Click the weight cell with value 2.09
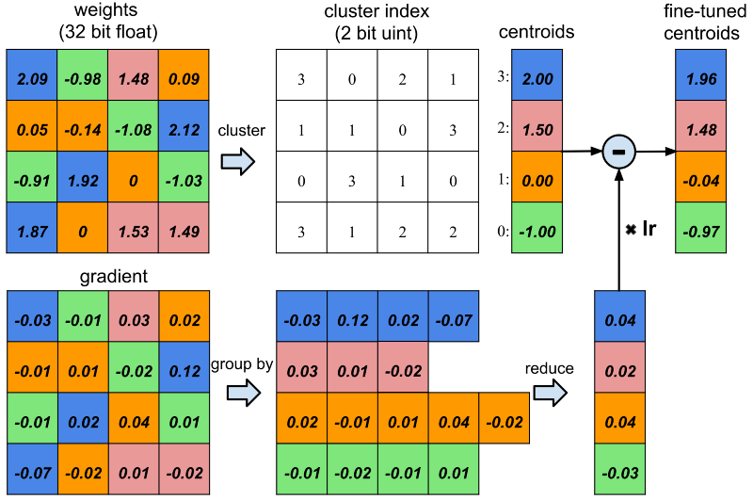point(32,75)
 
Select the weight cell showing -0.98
point(83,75)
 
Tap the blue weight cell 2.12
point(184,126)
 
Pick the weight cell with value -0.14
point(83,126)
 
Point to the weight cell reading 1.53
point(134,227)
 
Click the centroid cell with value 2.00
point(537,75)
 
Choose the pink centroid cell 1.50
point(537,126)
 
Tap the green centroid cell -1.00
point(537,227)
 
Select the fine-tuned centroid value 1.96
point(700,75)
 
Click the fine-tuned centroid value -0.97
point(700,227)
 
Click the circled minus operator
point(619,152)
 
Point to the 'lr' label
point(649,229)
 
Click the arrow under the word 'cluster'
point(238,161)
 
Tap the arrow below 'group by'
point(244,393)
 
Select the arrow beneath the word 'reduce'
point(551,393)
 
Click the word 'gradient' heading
point(114,277)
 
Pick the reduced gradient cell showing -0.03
point(619,469)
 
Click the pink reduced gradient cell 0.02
point(619,367)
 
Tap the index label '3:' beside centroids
point(503,76)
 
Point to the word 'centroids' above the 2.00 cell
point(537,32)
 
